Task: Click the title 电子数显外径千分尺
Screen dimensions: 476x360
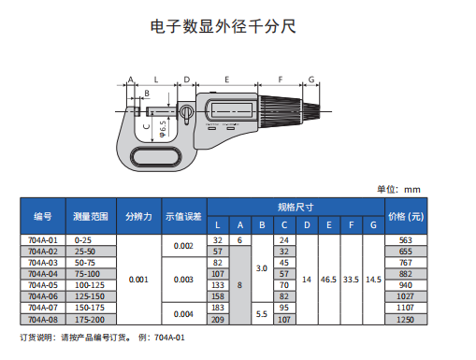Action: pos(223,26)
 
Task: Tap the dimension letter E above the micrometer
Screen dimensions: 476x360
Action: pos(227,79)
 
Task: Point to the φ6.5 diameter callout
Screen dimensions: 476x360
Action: pos(163,129)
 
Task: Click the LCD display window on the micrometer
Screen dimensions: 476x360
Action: pos(232,109)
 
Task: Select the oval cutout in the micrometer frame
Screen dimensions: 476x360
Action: pos(156,157)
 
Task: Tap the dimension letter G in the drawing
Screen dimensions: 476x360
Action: pos(311,79)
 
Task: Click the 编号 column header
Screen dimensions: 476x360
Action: pos(43,216)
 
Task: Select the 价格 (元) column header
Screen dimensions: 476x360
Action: pos(406,216)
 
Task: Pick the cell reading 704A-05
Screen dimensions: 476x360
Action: pos(43,285)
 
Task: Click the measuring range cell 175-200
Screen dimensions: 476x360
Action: pos(90,320)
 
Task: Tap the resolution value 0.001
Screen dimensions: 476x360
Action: pos(138,280)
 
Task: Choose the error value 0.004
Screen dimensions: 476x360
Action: pos(183,314)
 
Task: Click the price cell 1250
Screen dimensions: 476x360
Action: pos(406,320)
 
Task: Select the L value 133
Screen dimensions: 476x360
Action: pos(218,285)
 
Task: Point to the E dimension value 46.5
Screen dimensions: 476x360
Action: pos(328,280)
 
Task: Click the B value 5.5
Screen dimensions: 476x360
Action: pos(262,314)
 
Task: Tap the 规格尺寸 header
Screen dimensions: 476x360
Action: pos(296,207)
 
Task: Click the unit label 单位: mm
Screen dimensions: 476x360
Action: pos(398,189)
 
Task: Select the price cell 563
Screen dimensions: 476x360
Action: pos(406,240)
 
